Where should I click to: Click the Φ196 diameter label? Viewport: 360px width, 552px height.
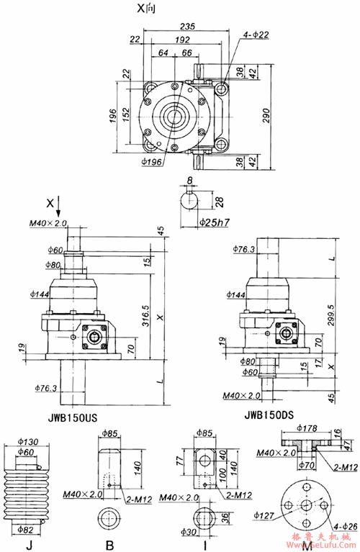pyautogui.click(x=151, y=160)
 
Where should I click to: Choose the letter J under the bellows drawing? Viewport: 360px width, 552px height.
pyautogui.click(x=28, y=545)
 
